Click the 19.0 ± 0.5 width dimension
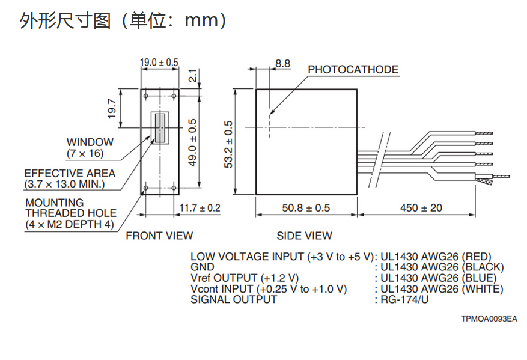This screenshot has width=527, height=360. pos(159,63)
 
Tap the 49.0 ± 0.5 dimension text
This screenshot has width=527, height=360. pos(192,142)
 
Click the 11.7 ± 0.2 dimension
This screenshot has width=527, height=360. pos(200,208)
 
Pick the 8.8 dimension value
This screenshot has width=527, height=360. pos(282,63)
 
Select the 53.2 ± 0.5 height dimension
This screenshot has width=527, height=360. pos(229,144)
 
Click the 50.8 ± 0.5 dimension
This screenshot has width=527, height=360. pos(306,208)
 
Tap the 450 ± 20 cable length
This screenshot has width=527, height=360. pos(421,208)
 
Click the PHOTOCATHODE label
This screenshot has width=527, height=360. pos(353,70)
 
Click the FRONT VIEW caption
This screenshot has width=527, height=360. pos(159,236)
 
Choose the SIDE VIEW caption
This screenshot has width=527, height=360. pos(304,236)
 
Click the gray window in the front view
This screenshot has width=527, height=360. pos(159,128)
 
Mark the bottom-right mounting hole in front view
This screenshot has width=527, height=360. pos(174,189)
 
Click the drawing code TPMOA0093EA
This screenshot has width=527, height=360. pos(489,319)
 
